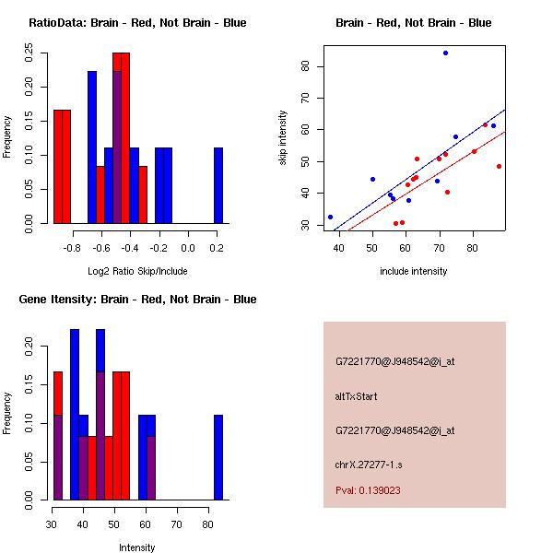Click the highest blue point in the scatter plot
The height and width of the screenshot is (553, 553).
click(445, 53)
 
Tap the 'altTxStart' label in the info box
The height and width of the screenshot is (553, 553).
click(357, 396)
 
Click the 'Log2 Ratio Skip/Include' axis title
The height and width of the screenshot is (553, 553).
click(137, 271)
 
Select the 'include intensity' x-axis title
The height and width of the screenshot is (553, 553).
click(413, 271)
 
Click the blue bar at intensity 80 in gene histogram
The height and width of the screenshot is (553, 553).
click(218, 456)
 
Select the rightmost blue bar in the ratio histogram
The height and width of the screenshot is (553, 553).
click(218, 185)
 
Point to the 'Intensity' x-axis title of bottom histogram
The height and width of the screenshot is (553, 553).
click(137, 547)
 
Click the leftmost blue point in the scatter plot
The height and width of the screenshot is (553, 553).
click(330, 217)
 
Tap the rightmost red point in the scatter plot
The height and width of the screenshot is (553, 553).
click(499, 166)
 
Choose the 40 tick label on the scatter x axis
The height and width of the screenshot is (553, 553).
click(339, 248)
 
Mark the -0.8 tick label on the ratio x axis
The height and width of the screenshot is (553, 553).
click(72, 248)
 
